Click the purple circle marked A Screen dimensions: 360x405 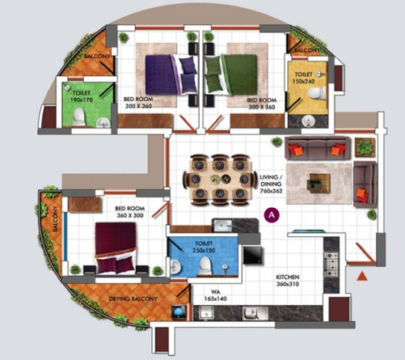point(272,216)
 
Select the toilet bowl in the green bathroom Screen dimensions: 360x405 point(78,117)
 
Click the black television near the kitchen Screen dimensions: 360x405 point(253,255)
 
